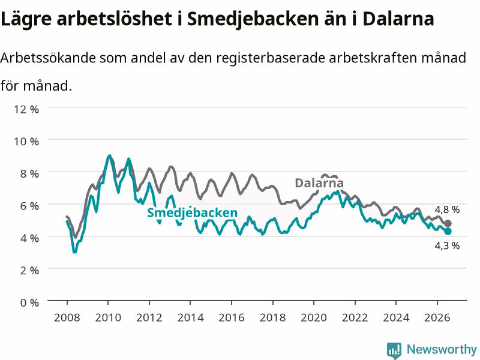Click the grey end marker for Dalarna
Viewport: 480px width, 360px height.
coord(448,223)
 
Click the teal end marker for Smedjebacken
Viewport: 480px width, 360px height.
coord(448,232)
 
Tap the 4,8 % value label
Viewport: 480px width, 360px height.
coord(447,209)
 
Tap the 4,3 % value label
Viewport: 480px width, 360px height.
coord(447,245)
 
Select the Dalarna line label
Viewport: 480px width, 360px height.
coord(319,183)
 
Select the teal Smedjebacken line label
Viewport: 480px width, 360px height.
coord(192,213)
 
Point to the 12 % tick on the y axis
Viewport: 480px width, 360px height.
coord(26,109)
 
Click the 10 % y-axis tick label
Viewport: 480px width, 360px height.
coord(26,142)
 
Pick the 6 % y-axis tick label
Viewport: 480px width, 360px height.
coord(29,206)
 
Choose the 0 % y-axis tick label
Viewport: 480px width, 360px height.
coord(29,302)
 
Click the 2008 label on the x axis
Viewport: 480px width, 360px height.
coord(67,317)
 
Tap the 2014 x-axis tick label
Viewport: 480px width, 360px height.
coord(190,317)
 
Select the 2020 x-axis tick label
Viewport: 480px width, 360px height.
coord(314,317)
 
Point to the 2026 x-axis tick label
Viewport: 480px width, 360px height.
coord(437,317)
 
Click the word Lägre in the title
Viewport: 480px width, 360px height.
coord(26,19)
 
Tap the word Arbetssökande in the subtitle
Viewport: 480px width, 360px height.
coord(48,58)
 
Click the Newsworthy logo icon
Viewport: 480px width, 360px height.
coord(394,350)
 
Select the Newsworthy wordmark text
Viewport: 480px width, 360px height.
coord(442,349)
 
